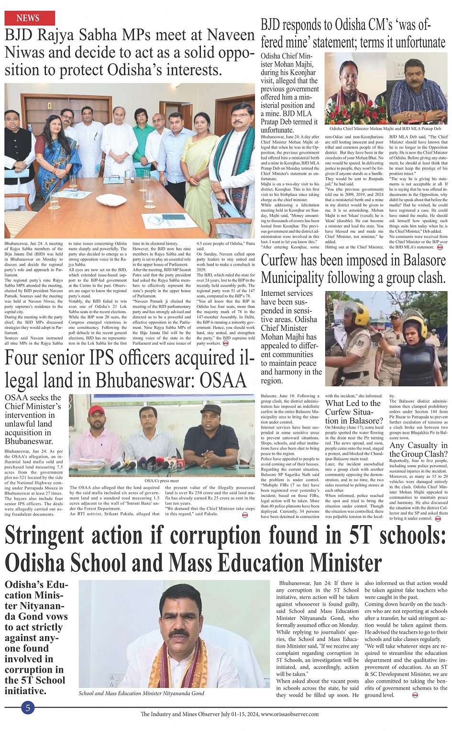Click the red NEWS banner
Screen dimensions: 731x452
coord(30,18)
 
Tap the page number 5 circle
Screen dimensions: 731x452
coord(28,708)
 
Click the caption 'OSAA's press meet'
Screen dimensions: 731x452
coord(161,481)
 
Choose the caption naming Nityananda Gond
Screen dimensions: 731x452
coord(141,693)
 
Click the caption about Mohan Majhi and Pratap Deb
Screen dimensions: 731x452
coord(385,129)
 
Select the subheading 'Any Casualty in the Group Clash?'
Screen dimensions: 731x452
coord(418,450)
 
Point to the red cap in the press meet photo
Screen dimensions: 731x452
coord(97,410)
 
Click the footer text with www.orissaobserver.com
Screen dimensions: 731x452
coord(229,714)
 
